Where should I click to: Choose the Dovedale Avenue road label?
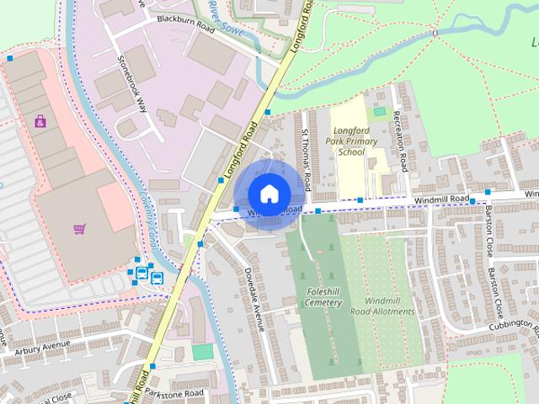pos(254,299)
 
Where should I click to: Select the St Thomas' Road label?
pos(307,160)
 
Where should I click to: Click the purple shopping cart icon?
pos(79,227)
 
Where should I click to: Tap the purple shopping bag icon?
pos(40,121)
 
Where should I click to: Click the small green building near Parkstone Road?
pos(202,352)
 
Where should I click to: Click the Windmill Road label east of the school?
pos(440,199)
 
